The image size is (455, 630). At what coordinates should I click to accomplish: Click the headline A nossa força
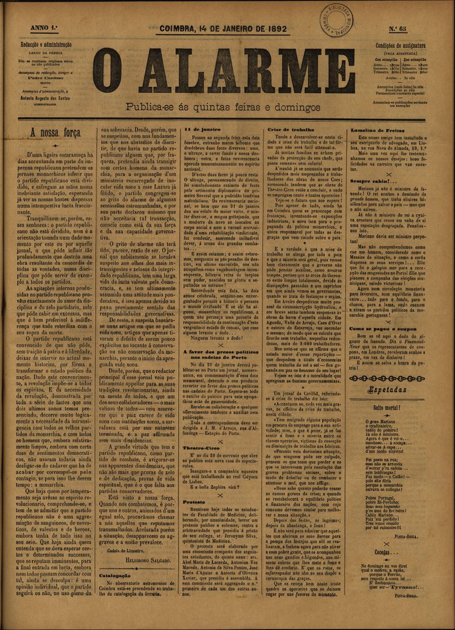(x=56, y=132)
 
